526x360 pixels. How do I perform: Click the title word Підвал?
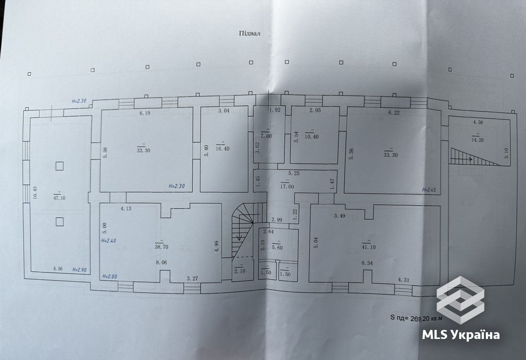point(249,33)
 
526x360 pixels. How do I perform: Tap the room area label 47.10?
point(59,198)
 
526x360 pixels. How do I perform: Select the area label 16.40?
point(222,149)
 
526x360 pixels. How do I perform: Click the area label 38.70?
point(161,247)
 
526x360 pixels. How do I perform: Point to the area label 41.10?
point(369,247)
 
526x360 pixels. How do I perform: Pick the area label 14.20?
point(477,140)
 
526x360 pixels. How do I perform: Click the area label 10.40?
point(311,137)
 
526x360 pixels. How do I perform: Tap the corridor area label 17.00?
point(287,187)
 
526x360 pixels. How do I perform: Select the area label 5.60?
point(277,248)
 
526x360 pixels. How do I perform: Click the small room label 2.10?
point(240,271)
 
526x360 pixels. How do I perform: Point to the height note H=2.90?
point(79,269)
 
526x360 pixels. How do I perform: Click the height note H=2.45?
point(429,190)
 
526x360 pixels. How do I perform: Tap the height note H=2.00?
point(110,277)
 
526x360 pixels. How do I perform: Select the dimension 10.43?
point(35,193)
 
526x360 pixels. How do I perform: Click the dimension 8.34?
point(367,263)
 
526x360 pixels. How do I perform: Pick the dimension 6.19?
point(145,113)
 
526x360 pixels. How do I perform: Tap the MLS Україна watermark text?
point(461,334)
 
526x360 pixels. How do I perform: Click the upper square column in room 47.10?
point(59,166)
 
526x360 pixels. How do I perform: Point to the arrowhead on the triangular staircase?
point(470,159)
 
